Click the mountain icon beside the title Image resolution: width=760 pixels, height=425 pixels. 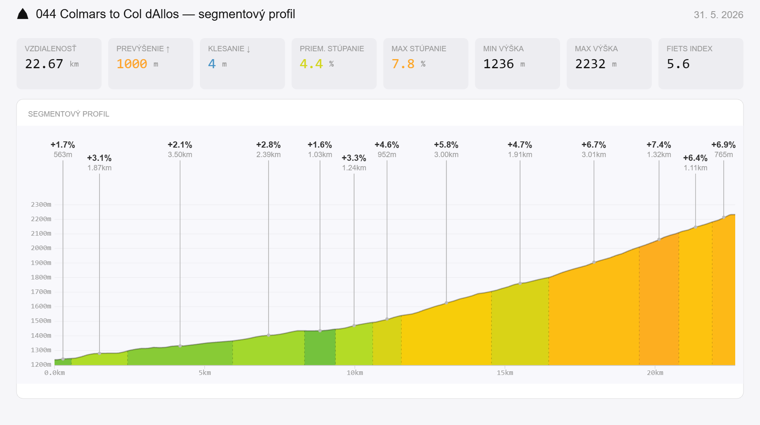(23, 14)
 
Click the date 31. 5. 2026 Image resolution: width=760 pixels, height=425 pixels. (718, 15)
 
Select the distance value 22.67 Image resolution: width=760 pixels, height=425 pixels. (44, 64)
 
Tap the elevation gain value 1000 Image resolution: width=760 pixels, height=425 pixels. (132, 64)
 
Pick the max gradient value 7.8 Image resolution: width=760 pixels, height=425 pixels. (403, 64)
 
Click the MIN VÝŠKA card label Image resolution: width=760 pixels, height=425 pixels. (503, 49)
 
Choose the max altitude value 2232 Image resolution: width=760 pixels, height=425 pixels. (590, 64)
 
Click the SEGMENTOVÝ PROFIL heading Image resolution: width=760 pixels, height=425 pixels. (69, 114)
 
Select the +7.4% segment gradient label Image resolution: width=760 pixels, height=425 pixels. (659, 145)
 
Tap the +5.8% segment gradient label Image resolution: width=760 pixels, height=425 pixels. (446, 145)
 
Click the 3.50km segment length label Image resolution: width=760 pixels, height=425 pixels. (180, 155)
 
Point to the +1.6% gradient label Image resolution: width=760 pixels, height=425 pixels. (320, 145)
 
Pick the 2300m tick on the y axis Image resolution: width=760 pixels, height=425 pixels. (41, 205)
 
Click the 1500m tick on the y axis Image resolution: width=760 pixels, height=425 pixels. (41, 321)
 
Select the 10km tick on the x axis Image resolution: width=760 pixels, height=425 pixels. (355, 373)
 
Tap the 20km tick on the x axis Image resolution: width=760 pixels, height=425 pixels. (655, 373)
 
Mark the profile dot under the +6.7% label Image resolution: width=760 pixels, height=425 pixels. (594, 262)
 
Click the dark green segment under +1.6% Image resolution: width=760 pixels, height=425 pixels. (320, 348)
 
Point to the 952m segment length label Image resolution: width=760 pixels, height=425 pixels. (387, 155)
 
